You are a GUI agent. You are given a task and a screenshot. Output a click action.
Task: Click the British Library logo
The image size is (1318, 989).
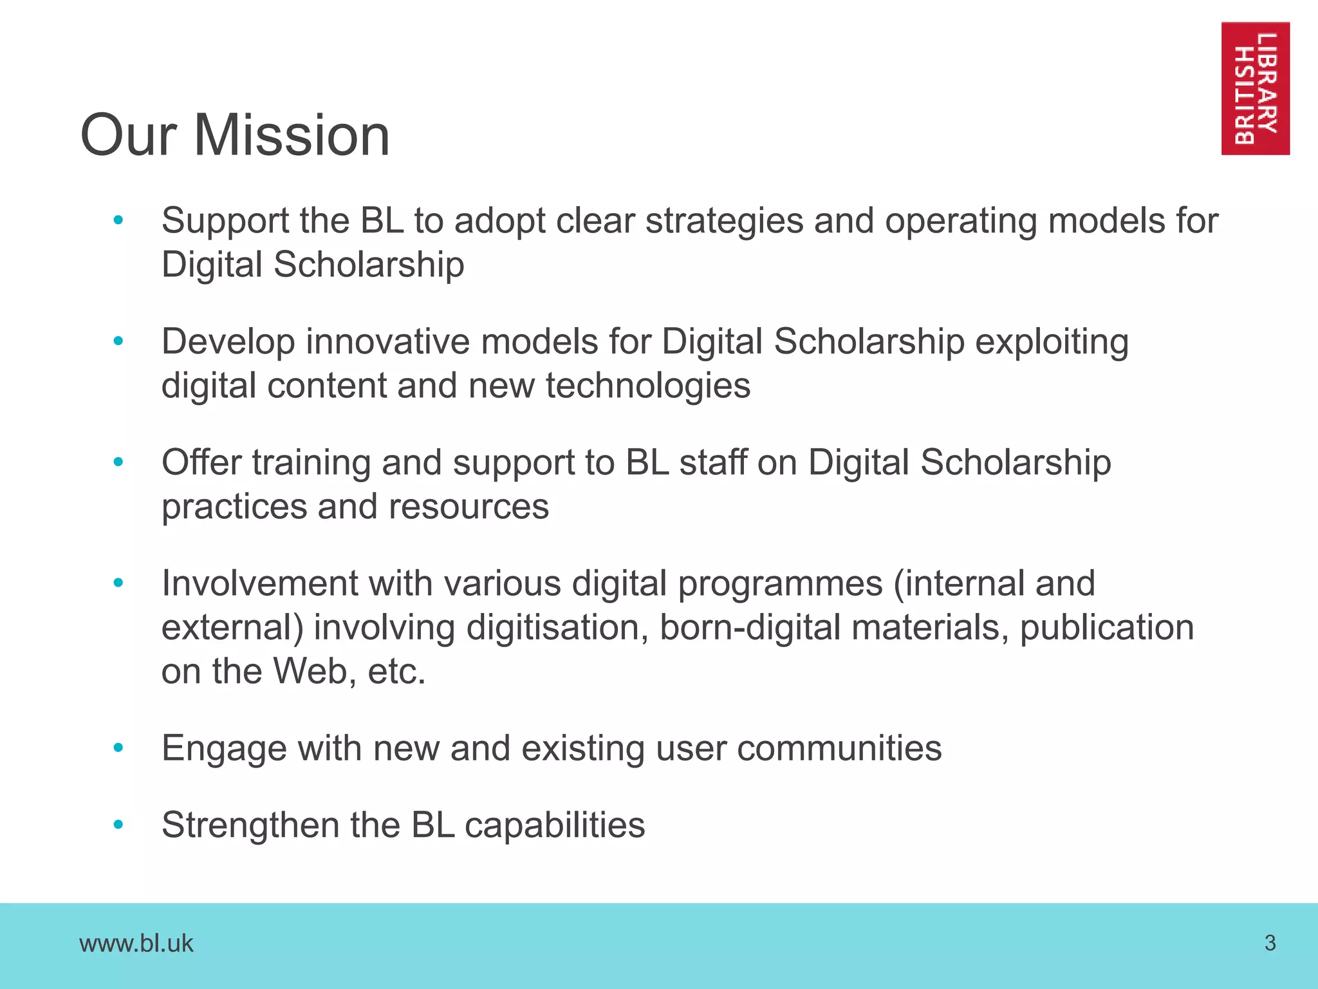click(x=1255, y=88)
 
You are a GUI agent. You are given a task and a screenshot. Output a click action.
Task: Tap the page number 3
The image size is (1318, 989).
click(x=1270, y=943)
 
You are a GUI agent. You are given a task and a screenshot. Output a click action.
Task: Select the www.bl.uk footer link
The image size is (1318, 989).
click(x=136, y=944)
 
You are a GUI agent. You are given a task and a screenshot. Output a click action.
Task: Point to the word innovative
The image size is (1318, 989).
click(x=388, y=341)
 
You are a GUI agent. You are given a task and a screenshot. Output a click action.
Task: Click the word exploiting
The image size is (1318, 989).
click(x=1052, y=343)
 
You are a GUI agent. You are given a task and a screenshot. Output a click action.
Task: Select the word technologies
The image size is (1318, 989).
click(x=647, y=386)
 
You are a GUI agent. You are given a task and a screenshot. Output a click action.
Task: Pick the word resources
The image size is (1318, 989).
click(x=469, y=507)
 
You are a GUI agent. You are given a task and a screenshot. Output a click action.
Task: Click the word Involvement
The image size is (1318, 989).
click(x=259, y=583)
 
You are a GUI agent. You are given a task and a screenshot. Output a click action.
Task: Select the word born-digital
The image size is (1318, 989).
click(x=750, y=628)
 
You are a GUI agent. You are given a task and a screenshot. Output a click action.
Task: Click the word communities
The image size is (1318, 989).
click(x=839, y=748)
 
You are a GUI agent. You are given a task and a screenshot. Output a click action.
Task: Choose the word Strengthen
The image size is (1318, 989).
click(x=250, y=825)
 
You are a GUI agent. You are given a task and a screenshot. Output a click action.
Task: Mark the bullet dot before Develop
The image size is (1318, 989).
click(x=118, y=341)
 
